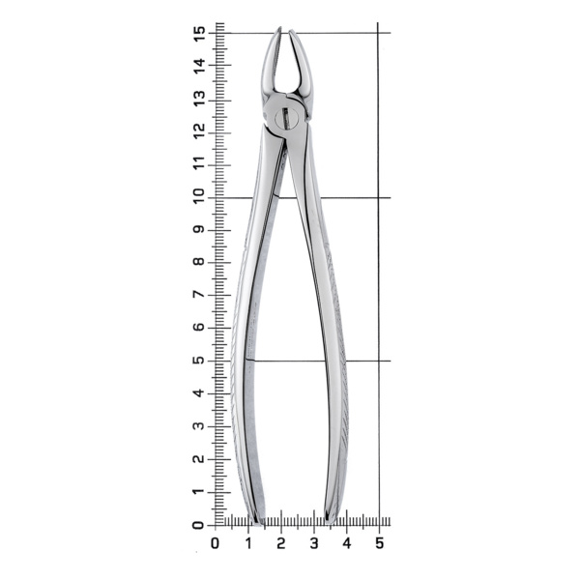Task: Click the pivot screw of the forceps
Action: point(286,117)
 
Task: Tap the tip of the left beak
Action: point(280,27)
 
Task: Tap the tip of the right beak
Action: point(291,30)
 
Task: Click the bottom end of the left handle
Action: point(258,522)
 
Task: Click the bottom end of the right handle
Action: point(330,522)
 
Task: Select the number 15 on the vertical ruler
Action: point(199,34)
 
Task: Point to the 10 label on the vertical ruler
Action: point(198,197)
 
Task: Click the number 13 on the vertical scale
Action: point(199,99)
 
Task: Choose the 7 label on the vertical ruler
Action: point(199,295)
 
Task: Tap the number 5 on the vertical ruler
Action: point(198,361)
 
